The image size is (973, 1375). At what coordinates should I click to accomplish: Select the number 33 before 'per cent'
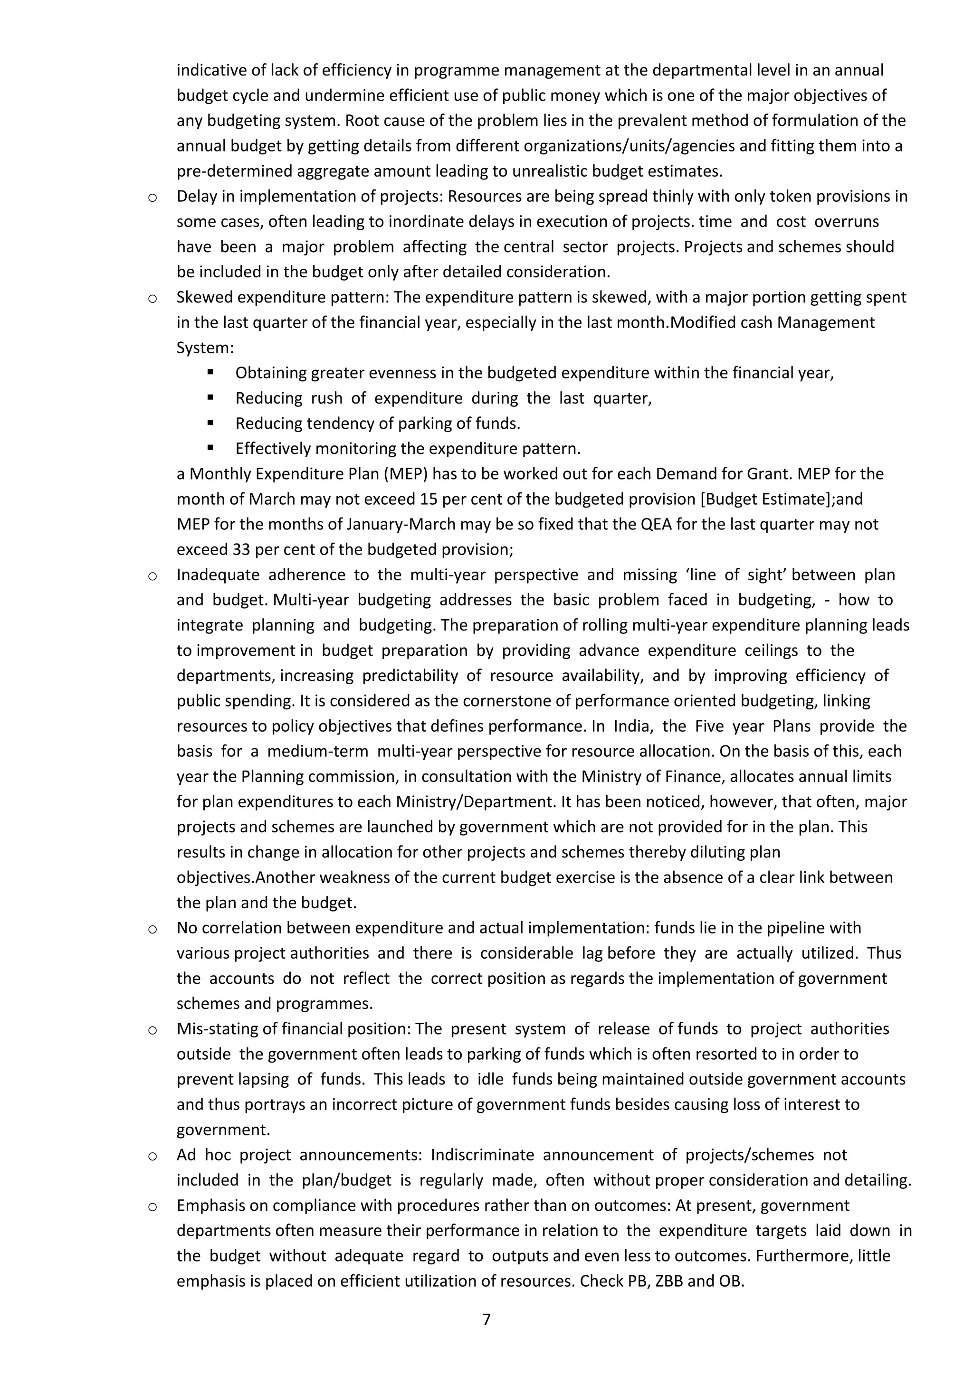[239, 549]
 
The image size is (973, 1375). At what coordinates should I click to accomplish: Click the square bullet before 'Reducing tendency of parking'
[210, 422]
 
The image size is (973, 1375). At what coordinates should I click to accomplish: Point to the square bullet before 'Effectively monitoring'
[210, 447]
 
